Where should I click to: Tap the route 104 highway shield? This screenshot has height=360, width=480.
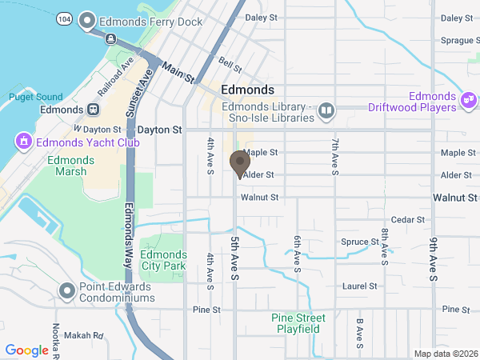click(x=64, y=17)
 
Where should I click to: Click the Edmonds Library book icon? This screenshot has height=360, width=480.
click(x=326, y=110)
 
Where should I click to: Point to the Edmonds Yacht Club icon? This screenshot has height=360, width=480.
click(x=22, y=142)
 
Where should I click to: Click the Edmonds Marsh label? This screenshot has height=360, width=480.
click(x=70, y=166)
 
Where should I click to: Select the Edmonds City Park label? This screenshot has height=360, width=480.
click(x=162, y=259)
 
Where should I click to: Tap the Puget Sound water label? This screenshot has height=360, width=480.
click(x=35, y=97)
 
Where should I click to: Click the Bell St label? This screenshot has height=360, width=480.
click(x=230, y=63)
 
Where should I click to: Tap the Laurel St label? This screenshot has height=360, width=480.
click(x=359, y=286)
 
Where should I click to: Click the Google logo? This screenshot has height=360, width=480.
click(x=26, y=350)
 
